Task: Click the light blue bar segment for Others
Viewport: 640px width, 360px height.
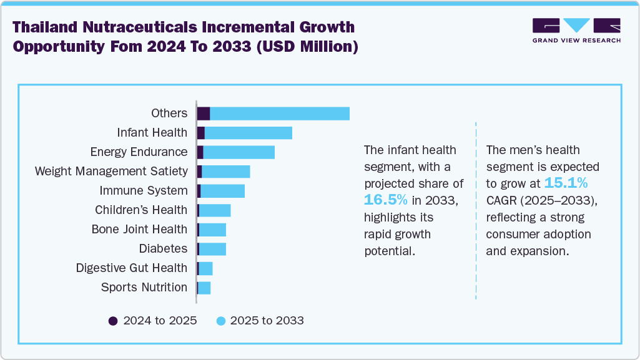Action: [279, 113]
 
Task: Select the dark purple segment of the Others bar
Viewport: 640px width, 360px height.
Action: [203, 113]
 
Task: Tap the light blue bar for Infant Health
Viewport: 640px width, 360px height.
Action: [248, 132]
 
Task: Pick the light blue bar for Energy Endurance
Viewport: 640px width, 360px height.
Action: [239, 152]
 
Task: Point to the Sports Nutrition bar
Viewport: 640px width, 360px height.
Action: [204, 287]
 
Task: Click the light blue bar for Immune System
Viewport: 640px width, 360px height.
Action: [222, 190]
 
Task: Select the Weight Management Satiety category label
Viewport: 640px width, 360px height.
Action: [111, 171]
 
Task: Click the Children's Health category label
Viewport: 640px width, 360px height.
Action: [140, 210]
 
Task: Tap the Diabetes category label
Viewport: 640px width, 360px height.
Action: [162, 248]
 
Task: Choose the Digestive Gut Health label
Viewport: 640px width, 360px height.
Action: [131, 268]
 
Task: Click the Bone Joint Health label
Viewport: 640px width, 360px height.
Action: [139, 229]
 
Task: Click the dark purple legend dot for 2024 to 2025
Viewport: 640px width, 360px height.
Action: [113, 321]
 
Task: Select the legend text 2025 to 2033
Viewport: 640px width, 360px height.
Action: [267, 321]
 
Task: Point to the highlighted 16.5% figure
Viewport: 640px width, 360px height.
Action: [386, 200]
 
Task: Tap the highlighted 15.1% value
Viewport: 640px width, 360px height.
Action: [566, 183]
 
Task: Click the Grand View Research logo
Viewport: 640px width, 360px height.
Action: [576, 31]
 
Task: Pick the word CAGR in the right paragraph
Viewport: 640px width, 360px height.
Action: [503, 200]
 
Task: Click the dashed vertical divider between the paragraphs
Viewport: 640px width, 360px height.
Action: [476, 212]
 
